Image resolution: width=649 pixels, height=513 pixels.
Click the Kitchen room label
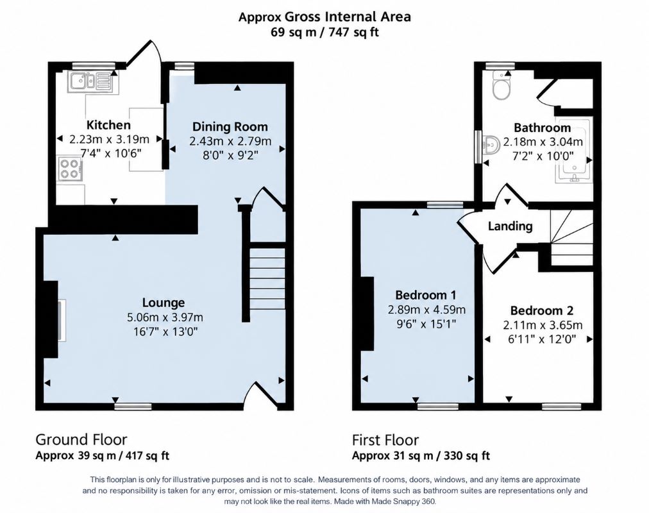point(108,125)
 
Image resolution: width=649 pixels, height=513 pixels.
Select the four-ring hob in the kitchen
point(69,169)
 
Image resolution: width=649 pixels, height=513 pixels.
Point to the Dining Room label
point(230,126)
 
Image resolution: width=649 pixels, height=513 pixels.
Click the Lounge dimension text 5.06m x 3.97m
point(165,317)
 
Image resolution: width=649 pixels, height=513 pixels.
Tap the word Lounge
point(164,303)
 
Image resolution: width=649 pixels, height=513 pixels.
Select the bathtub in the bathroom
point(575,150)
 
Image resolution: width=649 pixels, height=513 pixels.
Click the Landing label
point(510,226)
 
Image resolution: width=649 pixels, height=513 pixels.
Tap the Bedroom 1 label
point(426,295)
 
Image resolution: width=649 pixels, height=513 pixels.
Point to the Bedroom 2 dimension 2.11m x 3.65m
point(543,325)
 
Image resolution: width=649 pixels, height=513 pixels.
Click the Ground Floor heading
point(81,439)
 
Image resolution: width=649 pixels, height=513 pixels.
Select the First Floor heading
point(385,440)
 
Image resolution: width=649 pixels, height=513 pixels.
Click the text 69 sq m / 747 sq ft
point(325,32)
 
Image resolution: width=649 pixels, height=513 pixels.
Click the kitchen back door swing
point(145,54)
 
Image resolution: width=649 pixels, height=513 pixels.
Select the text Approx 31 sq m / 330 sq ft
point(421,455)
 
